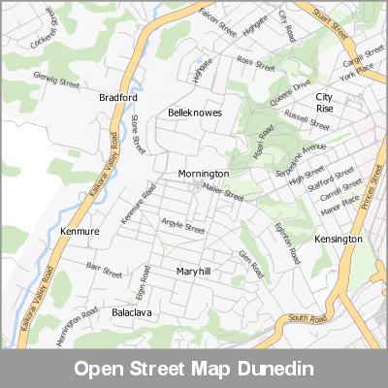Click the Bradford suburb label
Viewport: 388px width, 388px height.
click(x=118, y=98)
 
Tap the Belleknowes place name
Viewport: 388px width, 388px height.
click(x=195, y=113)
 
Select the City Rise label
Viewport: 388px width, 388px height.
click(x=324, y=103)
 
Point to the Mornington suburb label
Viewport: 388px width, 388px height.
click(x=203, y=174)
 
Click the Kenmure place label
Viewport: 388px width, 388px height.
click(x=80, y=233)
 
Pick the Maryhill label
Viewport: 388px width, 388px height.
click(x=193, y=272)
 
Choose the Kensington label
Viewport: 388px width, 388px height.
click(x=339, y=239)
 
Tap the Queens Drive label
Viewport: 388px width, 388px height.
click(x=290, y=92)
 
